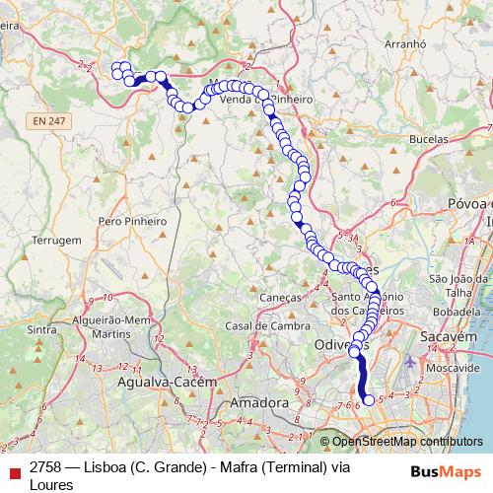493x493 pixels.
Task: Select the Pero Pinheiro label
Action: tap(133, 222)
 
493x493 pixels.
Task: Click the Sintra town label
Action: tap(41, 330)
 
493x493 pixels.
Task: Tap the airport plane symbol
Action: tap(410, 363)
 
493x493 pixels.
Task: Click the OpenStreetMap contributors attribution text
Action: tap(407, 442)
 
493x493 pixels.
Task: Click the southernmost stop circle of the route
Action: tap(369, 400)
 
